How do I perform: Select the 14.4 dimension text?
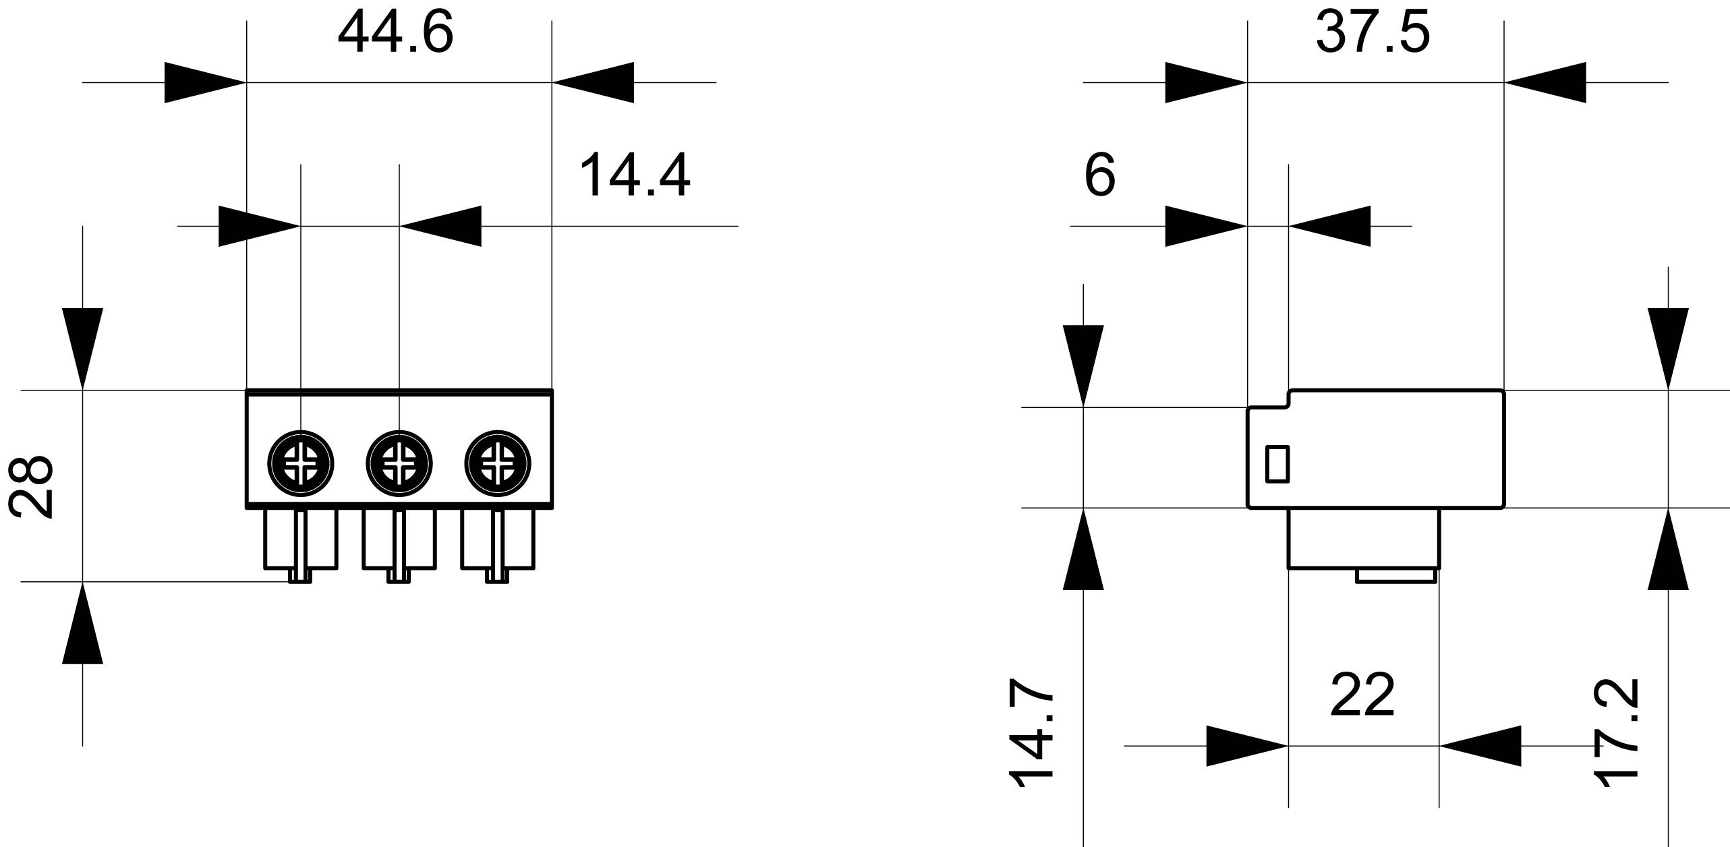point(635,175)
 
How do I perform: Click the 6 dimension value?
point(1100,175)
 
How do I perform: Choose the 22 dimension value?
point(1362,695)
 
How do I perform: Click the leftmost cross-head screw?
point(301,464)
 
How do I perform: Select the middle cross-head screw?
point(399,464)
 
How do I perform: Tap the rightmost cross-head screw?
point(498,464)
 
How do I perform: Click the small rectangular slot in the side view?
point(1277,464)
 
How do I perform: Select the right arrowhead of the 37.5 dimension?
point(1545,82)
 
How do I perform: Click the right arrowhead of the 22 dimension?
point(1480,746)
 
